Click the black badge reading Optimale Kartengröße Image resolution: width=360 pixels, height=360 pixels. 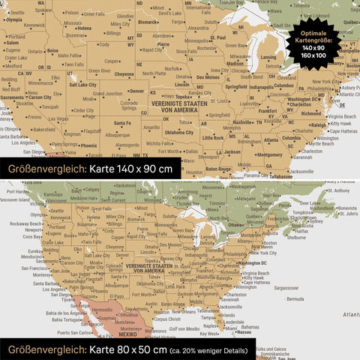click(x=314, y=46)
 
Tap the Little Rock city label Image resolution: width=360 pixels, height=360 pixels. click(x=213, y=137)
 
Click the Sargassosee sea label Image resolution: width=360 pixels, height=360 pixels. click(x=286, y=287)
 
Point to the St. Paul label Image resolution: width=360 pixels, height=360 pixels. click(x=217, y=37)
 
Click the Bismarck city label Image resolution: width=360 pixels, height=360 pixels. click(x=148, y=22)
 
